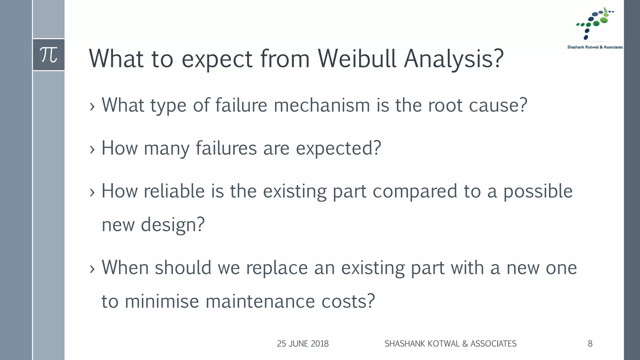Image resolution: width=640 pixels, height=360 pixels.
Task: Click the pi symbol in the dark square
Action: (49, 55)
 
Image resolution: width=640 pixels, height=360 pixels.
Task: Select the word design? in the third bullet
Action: (172, 225)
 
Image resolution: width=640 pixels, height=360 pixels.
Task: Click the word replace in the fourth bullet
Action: (277, 268)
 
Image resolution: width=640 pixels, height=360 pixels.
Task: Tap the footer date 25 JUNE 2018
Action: (302, 344)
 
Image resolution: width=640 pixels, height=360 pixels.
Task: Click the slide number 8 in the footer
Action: (590, 344)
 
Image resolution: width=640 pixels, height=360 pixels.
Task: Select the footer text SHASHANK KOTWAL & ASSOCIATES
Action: (450, 344)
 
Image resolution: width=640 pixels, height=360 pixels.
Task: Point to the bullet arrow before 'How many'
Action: (92, 150)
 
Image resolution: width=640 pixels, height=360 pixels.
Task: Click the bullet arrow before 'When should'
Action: (92, 269)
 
